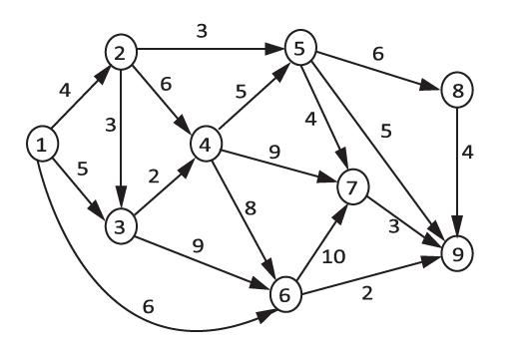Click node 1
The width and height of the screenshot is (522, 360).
click(41, 147)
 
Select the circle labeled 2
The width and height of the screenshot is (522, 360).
click(120, 55)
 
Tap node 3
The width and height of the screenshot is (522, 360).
click(120, 225)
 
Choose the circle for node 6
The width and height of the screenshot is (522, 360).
click(286, 294)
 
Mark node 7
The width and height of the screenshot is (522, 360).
click(352, 186)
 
